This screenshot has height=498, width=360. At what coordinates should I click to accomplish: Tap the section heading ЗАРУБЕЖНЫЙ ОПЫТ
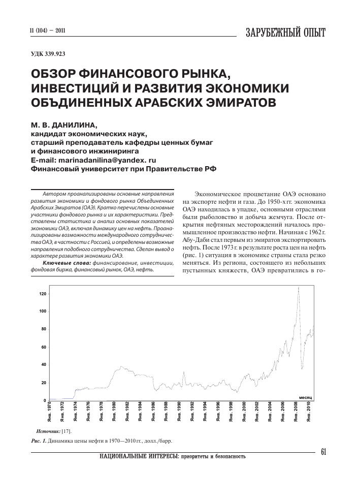[x=285, y=32]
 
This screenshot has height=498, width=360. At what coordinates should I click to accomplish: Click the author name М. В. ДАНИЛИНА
[x=60, y=124]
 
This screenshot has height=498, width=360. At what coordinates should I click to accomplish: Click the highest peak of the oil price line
[x=299, y=288]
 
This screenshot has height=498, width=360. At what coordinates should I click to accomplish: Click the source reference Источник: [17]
[x=56, y=430]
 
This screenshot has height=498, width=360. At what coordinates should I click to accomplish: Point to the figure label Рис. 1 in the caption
[x=39, y=440]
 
